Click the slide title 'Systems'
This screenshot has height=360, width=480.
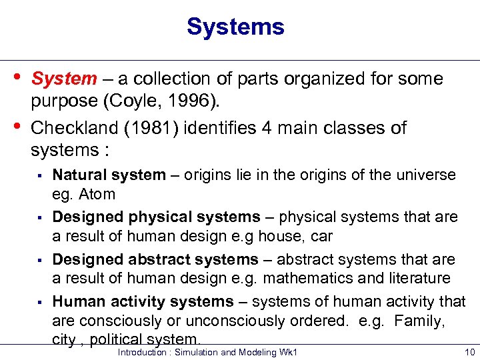pos(235,27)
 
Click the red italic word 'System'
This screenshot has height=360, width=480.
pos(64,79)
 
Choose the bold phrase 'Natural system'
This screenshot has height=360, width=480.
pos(109,175)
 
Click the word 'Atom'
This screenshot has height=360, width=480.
pos(97,195)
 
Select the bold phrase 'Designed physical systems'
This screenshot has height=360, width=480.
pos(156,217)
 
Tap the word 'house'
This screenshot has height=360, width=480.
pos(257,237)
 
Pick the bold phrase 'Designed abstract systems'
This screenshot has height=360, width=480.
pos(155,259)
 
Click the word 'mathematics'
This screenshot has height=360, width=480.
pos(317,279)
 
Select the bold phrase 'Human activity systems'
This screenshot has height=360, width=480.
pos(143,302)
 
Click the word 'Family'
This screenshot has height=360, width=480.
pos(419,321)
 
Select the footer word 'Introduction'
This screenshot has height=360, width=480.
pos(142,352)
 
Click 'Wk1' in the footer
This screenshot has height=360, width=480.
pos(287,352)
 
